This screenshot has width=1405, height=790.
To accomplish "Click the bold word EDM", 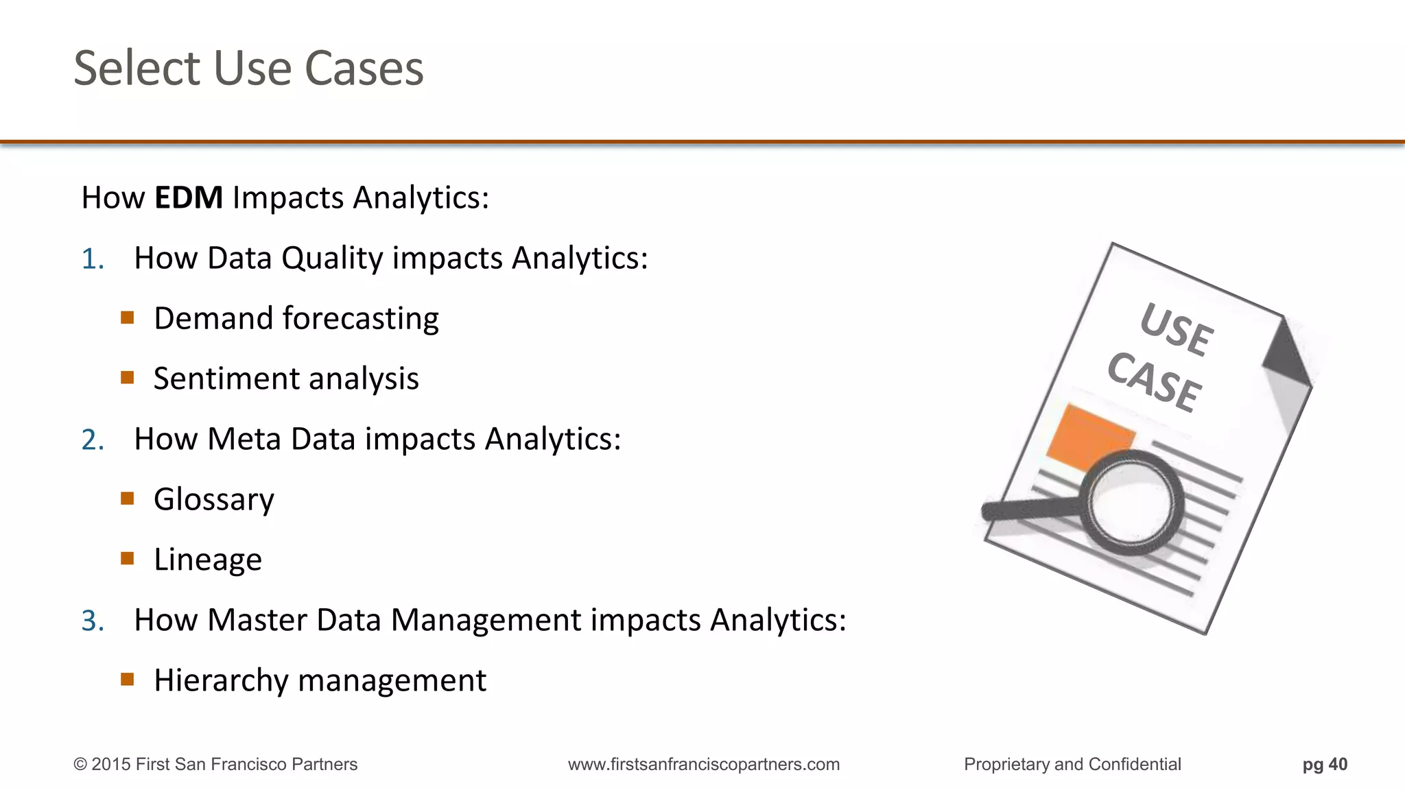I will (x=189, y=197).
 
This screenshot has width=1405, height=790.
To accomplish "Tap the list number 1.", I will (x=92, y=259).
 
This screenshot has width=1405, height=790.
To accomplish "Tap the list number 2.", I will (x=92, y=440).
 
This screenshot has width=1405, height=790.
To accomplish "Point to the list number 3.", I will (x=92, y=621).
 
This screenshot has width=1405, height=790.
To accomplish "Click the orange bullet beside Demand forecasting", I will (x=127, y=317).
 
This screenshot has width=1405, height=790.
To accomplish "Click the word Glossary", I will (x=213, y=499).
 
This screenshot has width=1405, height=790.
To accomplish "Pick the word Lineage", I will (x=207, y=560).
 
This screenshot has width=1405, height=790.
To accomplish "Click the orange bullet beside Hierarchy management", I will (x=127, y=679).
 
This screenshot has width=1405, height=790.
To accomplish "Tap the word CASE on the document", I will (x=1154, y=383).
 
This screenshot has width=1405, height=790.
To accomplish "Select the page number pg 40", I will (x=1325, y=764).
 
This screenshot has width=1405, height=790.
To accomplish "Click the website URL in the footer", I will (x=703, y=764).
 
